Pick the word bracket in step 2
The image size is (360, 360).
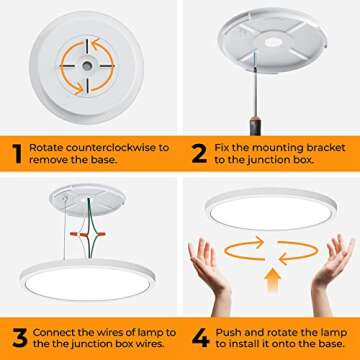click(x=324, y=147)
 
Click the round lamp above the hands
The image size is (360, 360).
click(x=271, y=209)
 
